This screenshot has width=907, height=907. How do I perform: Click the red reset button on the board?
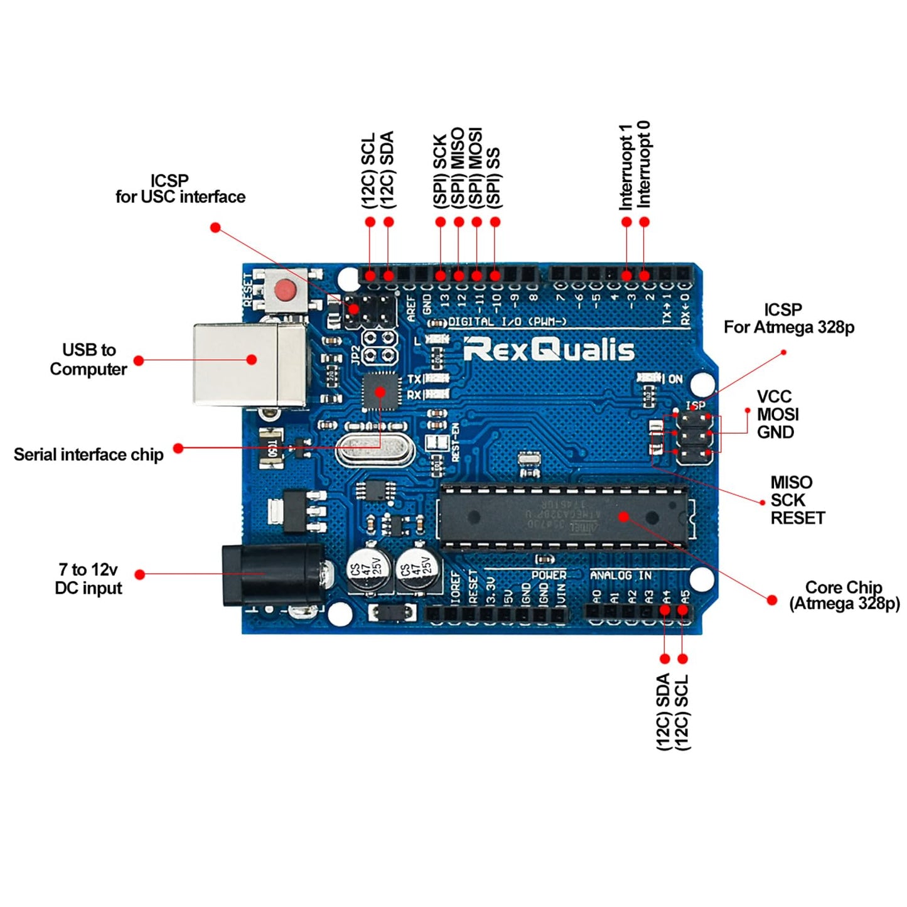click(286, 290)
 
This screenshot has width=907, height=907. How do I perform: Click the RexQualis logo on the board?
click(549, 350)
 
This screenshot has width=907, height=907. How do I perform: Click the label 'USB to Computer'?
click(89, 360)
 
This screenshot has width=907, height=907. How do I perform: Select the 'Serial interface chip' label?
click(89, 454)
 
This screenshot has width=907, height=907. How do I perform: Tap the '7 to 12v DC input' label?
click(89, 579)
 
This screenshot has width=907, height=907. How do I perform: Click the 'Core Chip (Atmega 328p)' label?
click(844, 596)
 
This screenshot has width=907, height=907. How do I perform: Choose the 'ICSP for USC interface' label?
click(180, 189)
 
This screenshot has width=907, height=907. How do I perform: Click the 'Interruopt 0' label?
click(645, 164)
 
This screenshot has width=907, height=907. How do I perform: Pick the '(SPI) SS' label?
click(495, 178)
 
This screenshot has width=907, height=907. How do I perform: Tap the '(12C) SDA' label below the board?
click(663, 712)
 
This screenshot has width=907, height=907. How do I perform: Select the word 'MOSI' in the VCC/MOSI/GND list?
click(778, 414)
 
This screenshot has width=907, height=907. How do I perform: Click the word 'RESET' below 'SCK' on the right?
click(797, 518)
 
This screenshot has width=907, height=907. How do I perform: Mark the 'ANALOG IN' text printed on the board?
click(620, 575)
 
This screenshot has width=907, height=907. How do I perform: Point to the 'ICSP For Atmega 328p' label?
click(788, 318)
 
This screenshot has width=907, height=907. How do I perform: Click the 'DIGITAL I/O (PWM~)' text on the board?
click(507, 322)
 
